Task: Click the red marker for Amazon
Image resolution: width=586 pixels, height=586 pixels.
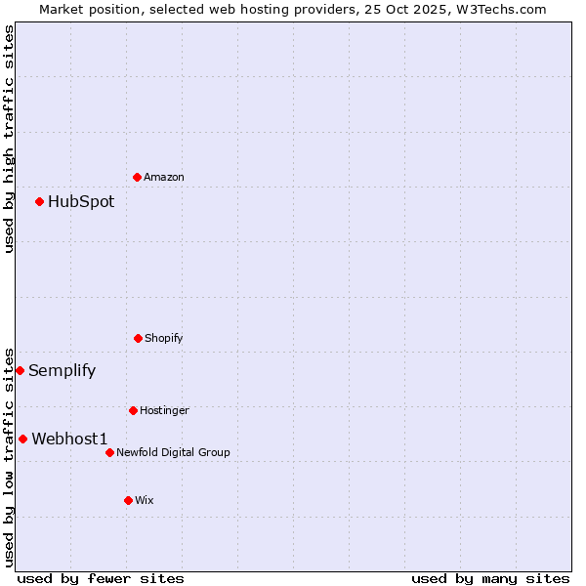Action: [138, 177]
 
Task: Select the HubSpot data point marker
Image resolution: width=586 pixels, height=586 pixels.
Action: [40, 202]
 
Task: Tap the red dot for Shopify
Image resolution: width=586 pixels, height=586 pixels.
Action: [138, 338]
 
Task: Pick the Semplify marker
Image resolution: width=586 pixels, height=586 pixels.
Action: [20, 370]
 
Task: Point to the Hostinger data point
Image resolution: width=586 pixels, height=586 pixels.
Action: [133, 410]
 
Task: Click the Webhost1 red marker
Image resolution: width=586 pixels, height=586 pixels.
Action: [23, 439]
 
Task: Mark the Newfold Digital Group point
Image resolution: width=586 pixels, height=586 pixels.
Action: [109, 452]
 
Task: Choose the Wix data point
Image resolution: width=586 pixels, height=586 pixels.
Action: [128, 500]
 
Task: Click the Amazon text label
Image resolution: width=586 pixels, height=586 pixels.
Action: [164, 177]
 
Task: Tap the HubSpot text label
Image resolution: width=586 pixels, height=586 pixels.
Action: [81, 202]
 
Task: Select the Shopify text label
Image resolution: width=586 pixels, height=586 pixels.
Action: [164, 338]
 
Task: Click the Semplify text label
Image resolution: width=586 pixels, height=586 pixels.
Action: [63, 370]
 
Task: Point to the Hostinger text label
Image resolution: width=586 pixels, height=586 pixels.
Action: [164, 410]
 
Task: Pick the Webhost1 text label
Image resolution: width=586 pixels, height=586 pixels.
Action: [69, 439]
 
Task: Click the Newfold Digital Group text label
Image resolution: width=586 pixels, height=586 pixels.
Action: [173, 452]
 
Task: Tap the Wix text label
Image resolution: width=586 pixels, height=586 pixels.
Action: [145, 500]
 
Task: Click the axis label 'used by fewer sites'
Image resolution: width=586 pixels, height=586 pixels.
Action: [101, 578]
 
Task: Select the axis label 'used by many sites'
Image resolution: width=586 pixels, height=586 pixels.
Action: [490, 578]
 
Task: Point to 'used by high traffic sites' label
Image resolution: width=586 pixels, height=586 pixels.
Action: [9, 139]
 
